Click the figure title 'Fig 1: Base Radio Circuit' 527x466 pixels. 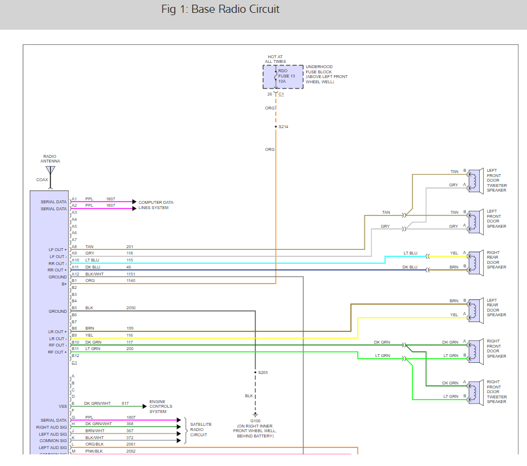point(220,9)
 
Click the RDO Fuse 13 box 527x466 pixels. point(283,76)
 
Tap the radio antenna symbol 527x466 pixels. point(51,171)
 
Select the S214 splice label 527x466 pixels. point(283,126)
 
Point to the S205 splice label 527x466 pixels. point(263,372)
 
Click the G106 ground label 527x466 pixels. point(255,419)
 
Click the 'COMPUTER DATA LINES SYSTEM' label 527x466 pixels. point(156,205)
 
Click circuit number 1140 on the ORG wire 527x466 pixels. point(131,281)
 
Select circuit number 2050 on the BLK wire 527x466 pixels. point(131,308)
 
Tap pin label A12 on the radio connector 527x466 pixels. point(75,274)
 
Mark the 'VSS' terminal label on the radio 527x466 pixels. point(62,407)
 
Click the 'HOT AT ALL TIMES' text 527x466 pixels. point(276,59)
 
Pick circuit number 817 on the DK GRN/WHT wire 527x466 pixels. point(125,403)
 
